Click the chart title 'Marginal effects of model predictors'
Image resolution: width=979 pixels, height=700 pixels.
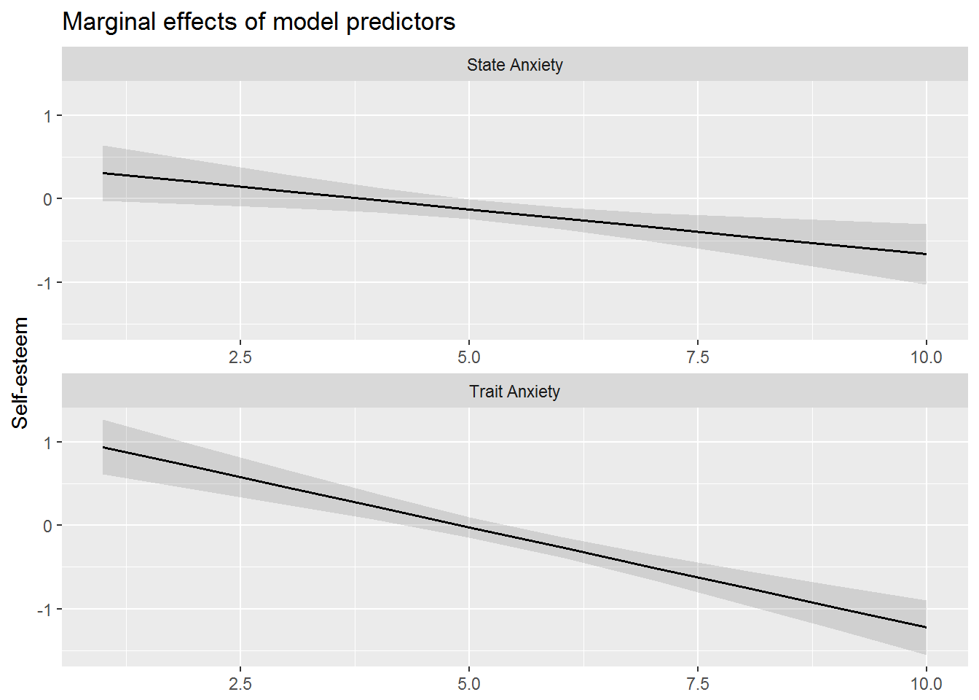[x=259, y=22]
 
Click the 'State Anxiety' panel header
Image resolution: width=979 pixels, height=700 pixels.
[x=514, y=65]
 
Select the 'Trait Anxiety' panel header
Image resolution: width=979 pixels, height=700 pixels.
[x=514, y=392]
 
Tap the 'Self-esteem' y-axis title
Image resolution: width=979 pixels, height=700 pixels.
[x=20, y=373]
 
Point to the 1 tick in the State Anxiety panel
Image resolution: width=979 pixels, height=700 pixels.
[x=48, y=116]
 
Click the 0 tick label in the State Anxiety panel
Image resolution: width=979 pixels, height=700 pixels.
[x=48, y=199]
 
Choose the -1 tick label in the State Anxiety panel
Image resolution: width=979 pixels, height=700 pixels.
[x=45, y=283]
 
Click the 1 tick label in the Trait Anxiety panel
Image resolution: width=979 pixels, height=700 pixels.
[x=48, y=443]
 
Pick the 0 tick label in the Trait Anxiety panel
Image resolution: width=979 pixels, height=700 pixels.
[x=48, y=526]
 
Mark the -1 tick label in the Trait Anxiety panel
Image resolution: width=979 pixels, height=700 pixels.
[x=45, y=610]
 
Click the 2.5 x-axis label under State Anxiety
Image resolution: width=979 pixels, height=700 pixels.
[x=240, y=357]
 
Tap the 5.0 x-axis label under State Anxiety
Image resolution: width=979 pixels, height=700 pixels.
[x=468, y=357]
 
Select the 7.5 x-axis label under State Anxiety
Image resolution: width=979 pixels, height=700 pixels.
[x=697, y=357]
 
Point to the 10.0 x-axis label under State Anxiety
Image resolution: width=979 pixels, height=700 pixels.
[x=926, y=357]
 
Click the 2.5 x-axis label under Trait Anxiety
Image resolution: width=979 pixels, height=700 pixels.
[x=240, y=684]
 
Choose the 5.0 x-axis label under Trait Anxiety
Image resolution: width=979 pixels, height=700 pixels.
[x=468, y=684]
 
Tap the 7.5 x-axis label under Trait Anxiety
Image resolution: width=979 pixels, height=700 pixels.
[x=697, y=684]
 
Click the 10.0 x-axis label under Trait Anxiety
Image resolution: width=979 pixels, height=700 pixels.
[x=926, y=684]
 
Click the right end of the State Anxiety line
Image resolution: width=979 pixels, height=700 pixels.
[x=926, y=254]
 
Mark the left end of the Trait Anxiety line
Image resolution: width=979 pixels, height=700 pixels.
[x=103, y=447]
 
